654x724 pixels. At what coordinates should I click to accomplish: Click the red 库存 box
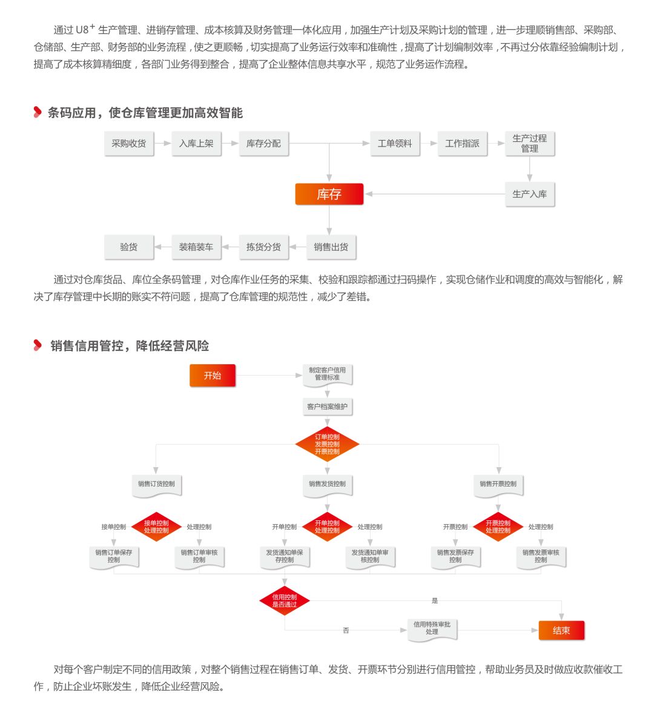(x=329, y=194)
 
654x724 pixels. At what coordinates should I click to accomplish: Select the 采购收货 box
(x=128, y=144)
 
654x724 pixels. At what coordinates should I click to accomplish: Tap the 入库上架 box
(x=196, y=144)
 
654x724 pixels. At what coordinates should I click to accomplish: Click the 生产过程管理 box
(x=529, y=144)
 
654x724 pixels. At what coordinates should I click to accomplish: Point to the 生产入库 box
(x=529, y=194)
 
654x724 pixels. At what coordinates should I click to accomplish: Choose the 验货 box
(x=128, y=247)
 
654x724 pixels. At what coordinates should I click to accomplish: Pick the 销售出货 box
(x=331, y=247)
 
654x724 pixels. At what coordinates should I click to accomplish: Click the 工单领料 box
(x=394, y=144)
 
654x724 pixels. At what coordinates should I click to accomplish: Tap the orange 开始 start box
(x=213, y=376)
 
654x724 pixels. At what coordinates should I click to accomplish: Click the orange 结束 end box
(x=561, y=631)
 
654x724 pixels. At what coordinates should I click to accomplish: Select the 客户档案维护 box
(x=327, y=407)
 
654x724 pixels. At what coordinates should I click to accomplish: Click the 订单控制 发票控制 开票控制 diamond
(x=327, y=444)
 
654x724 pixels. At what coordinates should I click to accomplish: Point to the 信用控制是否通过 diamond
(x=284, y=600)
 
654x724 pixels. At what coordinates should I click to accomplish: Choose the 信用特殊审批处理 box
(x=432, y=628)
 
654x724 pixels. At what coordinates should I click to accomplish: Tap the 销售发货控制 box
(x=327, y=484)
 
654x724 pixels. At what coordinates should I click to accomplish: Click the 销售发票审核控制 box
(x=541, y=556)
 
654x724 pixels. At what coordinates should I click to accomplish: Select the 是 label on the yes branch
(x=434, y=600)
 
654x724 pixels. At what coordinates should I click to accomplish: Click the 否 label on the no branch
(x=346, y=631)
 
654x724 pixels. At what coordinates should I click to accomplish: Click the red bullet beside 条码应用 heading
(x=38, y=112)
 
